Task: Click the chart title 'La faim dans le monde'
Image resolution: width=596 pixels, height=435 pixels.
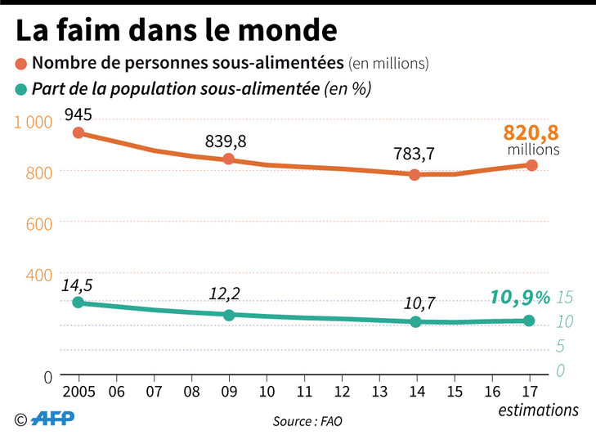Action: pyautogui.click(x=176, y=30)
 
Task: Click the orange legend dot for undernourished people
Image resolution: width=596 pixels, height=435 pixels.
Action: pyautogui.click(x=21, y=63)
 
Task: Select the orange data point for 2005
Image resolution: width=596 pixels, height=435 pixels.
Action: pyautogui.click(x=78, y=132)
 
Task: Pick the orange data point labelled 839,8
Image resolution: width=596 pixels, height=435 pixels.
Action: pyautogui.click(x=229, y=159)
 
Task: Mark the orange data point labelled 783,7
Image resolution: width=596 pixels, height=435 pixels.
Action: pyautogui.click(x=415, y=174)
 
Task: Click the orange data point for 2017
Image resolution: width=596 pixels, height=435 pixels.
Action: pyautogui.click(x=531, y=165)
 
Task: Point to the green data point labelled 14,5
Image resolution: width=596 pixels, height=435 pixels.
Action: pyautogui.click(x=78, y=303)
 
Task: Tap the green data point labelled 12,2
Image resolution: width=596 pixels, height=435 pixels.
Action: pyautogui.click(x=229, y=315)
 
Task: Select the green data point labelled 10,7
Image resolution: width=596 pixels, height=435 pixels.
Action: pyautogui.click(x=415, y=321)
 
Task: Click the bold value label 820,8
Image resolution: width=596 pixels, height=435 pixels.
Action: pyautogui.click(x=531, y=132)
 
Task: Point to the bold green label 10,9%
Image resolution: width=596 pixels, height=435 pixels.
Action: pyautogui.click(x=520, y=298)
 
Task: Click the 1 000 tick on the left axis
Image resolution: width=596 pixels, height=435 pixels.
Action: pyautogui.click(x=33, y=122)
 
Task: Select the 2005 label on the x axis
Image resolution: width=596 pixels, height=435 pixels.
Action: pyautogui.click(x=78, y=391)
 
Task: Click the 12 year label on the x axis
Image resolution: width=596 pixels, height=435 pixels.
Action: pyautogui.click(x=342, y=391)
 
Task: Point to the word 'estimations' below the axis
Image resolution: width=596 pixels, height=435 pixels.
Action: pyautogui.click(x=539, y=409)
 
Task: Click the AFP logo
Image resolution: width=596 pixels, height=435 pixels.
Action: pyautogui.click(x=53, y=418)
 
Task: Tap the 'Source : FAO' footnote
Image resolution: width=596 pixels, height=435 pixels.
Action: pyautogui.click(x=308, y=422)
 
